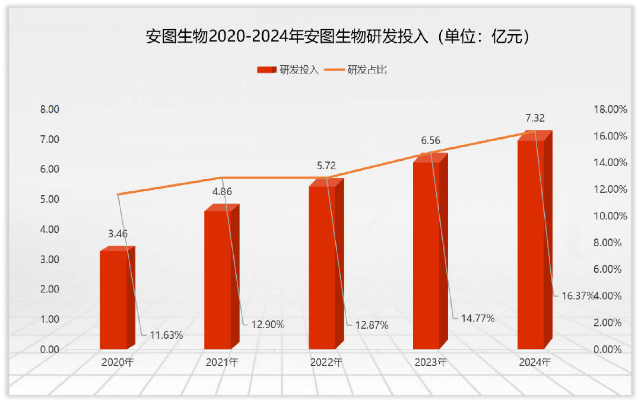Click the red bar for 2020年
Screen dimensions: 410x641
tap(113, 300)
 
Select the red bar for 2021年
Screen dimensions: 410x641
tap(218, 279)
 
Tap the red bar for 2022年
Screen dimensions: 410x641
tap(322, 267)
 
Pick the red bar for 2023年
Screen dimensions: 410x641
tap(427, 255)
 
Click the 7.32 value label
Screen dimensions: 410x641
tap(535, 118)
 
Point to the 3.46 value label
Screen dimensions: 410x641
tap(118, 234)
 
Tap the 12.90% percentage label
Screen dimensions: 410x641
tap(268, 325)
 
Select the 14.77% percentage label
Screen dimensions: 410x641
tap(477, 318)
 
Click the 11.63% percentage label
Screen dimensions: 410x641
tap(166, 335)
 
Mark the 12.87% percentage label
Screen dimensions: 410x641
tap(372, 325)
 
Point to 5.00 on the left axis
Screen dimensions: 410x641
tap(49, 199)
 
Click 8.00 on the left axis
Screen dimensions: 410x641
tap(49, 109)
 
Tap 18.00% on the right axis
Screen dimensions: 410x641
tap(610, 109)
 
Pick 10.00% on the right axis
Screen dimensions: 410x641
tap(610, 216)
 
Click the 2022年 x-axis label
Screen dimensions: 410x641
tap(326, 362)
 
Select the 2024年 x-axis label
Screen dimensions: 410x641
tap(535, 362)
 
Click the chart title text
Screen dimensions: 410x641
tap(338, 37)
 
